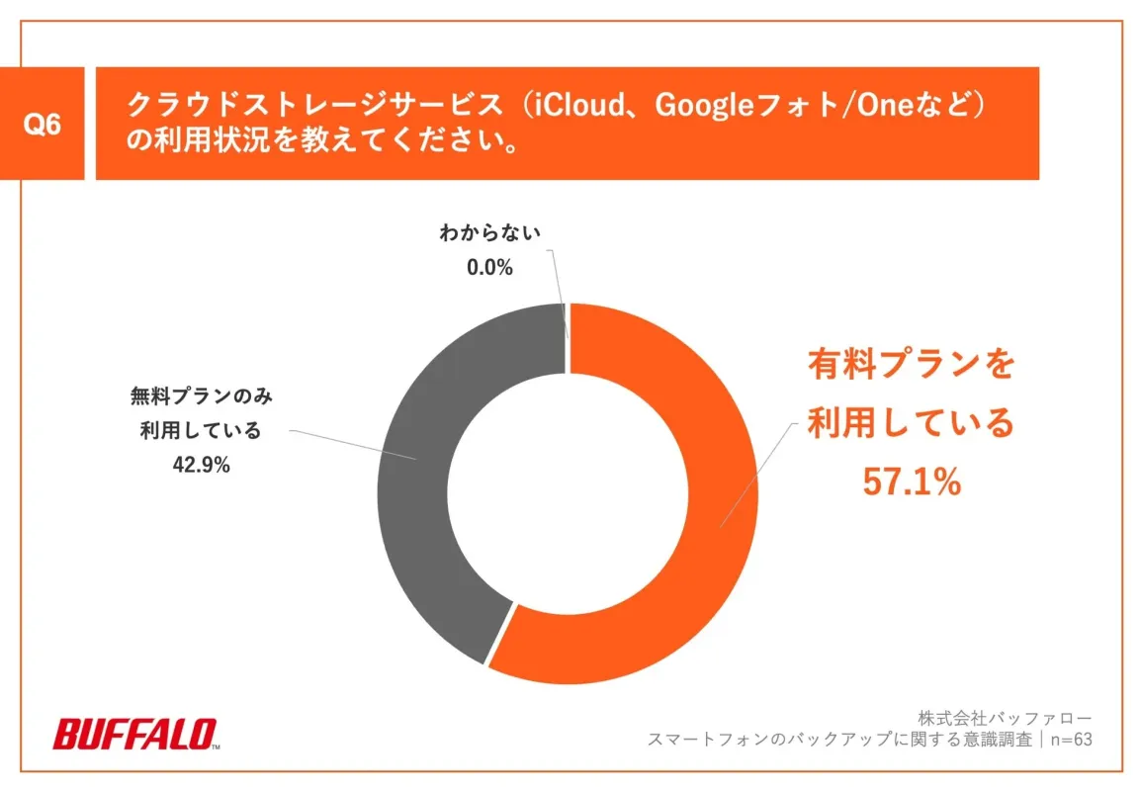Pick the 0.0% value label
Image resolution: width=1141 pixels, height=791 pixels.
[x=489, y=267]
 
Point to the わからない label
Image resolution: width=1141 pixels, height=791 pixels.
[x=490, y=235]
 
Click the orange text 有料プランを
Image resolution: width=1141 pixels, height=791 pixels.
[x=911, y=365]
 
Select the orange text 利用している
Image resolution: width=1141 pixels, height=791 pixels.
[x=911, y=423]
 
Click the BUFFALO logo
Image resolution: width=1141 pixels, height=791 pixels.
[x=135, y=735]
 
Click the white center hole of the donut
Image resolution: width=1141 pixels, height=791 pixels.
[x=568, y=493]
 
